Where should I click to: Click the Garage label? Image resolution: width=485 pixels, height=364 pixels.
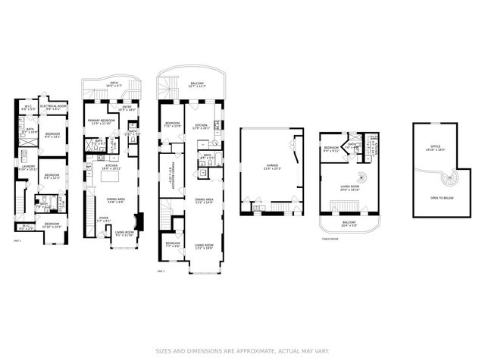tap(272, 165)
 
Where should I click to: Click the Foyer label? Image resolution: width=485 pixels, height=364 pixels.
tap(103, 220)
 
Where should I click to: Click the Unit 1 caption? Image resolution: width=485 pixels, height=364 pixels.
tap(17, 240)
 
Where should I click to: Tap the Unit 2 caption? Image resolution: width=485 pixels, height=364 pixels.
tap(161, 270)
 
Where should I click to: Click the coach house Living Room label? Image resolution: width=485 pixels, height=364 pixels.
tap(349, 187)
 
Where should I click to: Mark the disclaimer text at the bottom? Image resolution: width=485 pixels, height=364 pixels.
tap(242, 350)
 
